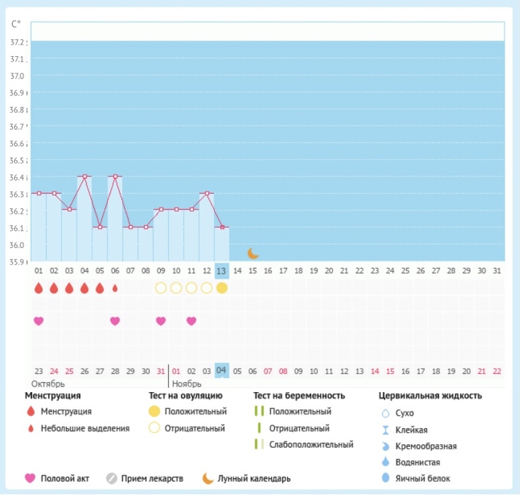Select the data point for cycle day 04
click(84, 176)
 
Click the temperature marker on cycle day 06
click(115, 176)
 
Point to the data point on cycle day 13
click(222, 227)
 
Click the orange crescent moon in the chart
click(253, 254)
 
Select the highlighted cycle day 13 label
click(222, 270)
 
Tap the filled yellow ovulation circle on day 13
click(222, 288)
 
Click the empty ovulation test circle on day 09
click(161, 288)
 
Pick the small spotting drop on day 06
click(115, 288)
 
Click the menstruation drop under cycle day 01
click(38, 288)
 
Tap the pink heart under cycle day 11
click(191, 321)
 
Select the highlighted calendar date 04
click(222, 371)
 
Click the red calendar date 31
click(161, 371)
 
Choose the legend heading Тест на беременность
click(299, 396)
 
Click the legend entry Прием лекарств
click(152, 479)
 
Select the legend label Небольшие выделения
click(85, 428)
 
